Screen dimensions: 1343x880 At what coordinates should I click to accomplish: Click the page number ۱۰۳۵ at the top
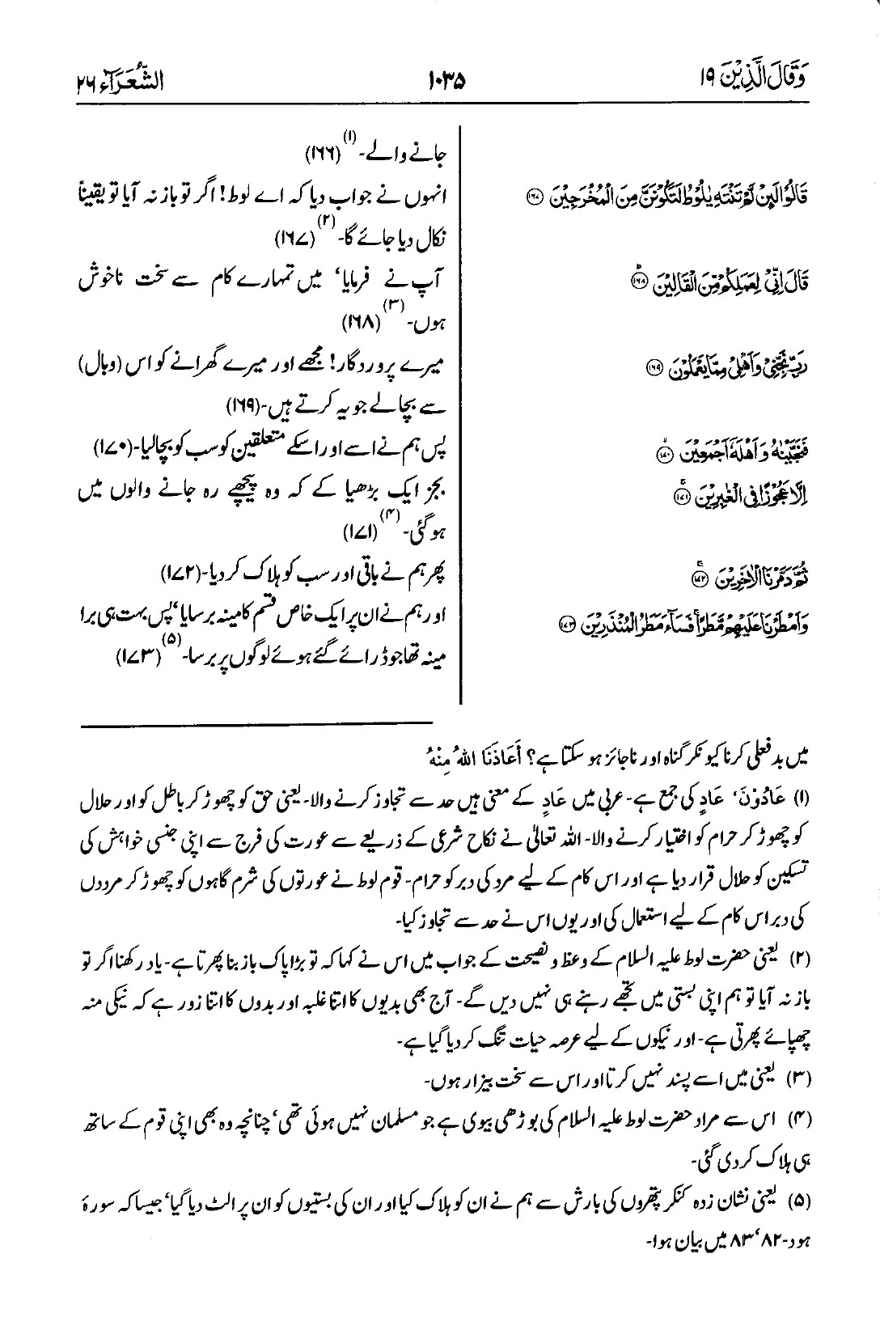446,81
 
